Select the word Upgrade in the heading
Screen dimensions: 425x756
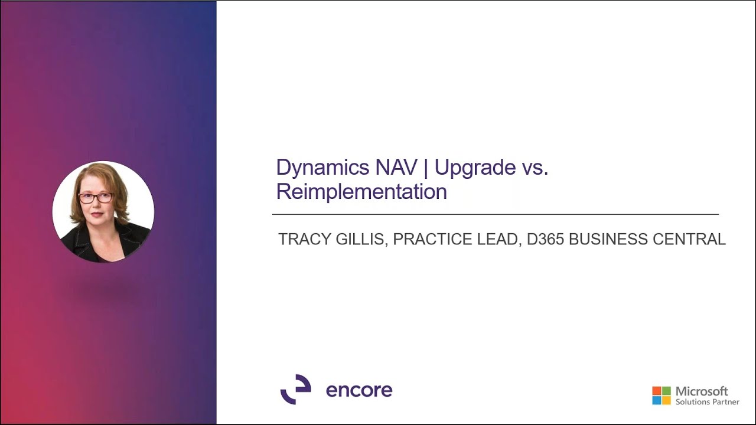475,168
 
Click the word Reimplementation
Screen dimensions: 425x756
361,192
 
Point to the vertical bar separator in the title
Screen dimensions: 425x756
425,168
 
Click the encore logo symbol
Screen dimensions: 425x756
295,390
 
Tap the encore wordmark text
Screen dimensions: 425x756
359,390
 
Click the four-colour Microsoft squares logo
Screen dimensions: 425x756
661,395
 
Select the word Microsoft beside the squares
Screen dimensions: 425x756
702,391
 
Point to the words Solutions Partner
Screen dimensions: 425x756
708,402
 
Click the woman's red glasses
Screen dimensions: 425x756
96,198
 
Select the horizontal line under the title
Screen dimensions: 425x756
495,214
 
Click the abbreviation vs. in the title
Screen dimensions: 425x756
535,168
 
